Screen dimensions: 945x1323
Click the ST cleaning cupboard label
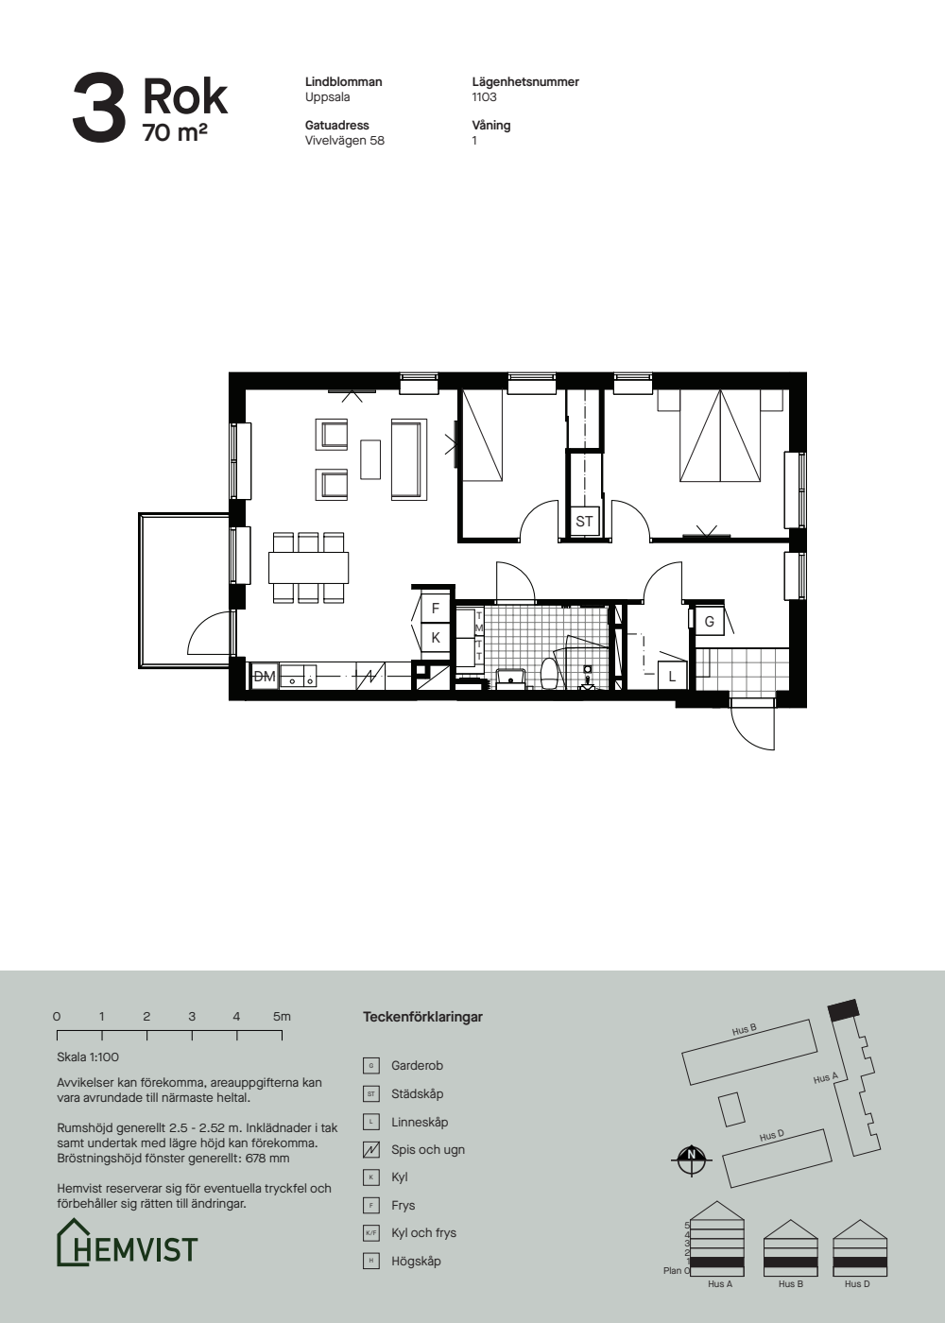tap(584, 522)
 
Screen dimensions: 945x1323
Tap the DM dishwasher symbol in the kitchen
tap(264, 677)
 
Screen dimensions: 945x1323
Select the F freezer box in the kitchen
tap(436, 609)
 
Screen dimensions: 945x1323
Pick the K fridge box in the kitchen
tap(436, 638)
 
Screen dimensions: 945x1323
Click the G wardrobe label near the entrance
tap(710, 622)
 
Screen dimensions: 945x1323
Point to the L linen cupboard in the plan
tap(672, 677)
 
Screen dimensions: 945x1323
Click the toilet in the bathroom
tap(549, 673)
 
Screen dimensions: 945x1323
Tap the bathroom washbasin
tap(511, 679)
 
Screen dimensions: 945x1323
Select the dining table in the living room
tap(308, 567)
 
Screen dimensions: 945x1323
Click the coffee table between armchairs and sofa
tap(370, 459)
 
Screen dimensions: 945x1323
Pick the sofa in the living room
tap(408, 459)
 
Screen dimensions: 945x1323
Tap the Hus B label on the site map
tap(745, 1031)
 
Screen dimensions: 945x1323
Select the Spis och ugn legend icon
tap(370, 1150)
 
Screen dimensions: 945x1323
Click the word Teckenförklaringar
tap(422, 1017)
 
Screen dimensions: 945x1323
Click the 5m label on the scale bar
tap(282, 1017)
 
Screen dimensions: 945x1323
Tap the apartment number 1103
tap(484, 96)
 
